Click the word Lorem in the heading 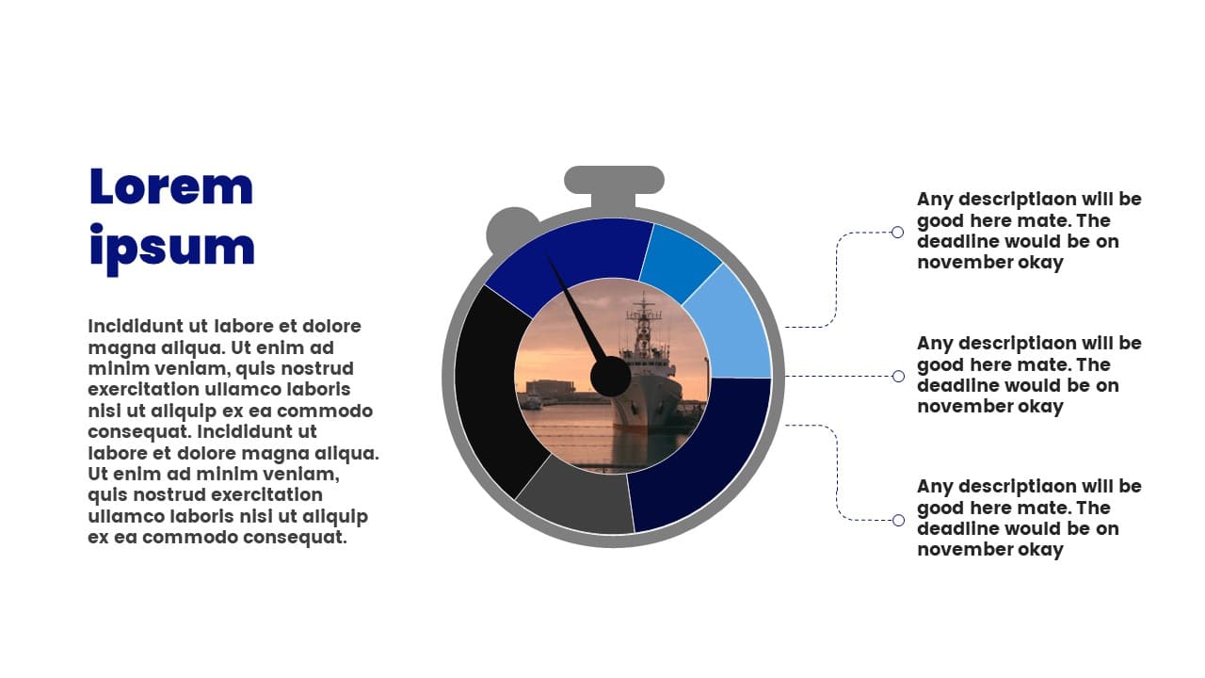pyautogui.click(x=171, y=186)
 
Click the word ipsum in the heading pyautogui.click(x=172, y=249)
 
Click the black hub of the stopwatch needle pyautogui.click(x=610, y=377)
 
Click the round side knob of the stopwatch pyautogui.click(x=510, y=229)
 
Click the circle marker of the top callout pyautogui.click(x=897, y=233)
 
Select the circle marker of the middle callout pyautogui.click(x=898, y=377)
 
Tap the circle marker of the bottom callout pyautogui.click(x=898, y=521)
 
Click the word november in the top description pyautogui.click(x=957, y=263)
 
